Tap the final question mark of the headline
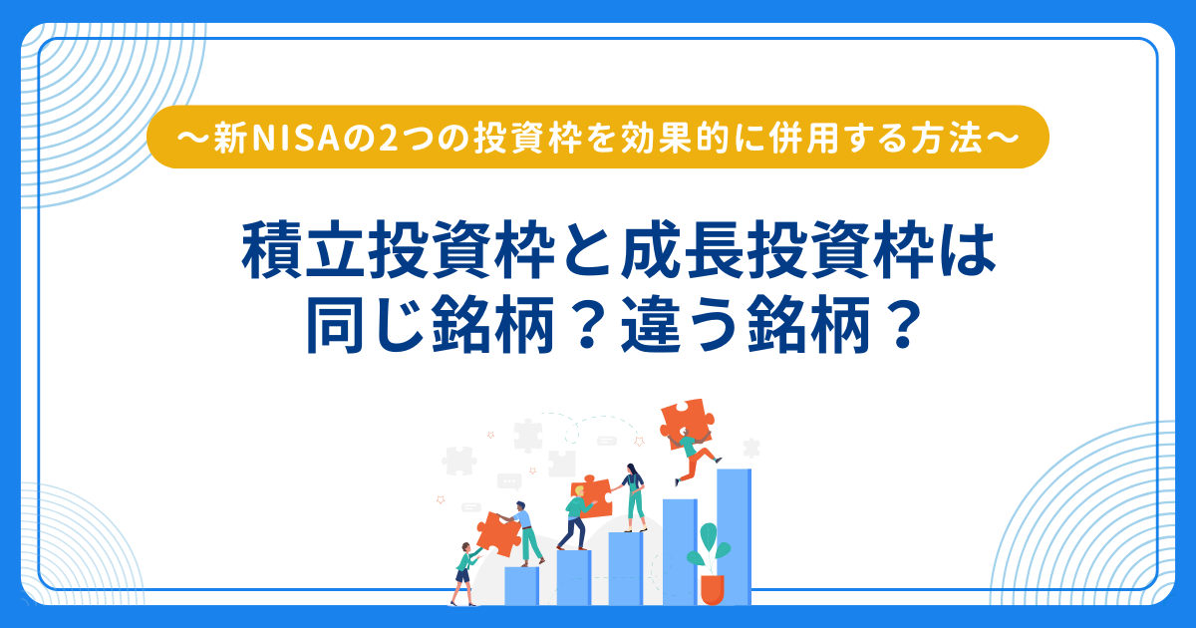point(903,325)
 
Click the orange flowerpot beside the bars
point(713,589)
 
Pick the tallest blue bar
point(734,536)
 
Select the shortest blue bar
point(521,586)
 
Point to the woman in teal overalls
point(634,497)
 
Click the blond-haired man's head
point(579,490)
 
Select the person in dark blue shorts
point(464,574)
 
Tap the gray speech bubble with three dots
point(509,481)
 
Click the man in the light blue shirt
point(525,533)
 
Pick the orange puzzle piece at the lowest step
point(498,534)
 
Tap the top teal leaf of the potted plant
point(709,536)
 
